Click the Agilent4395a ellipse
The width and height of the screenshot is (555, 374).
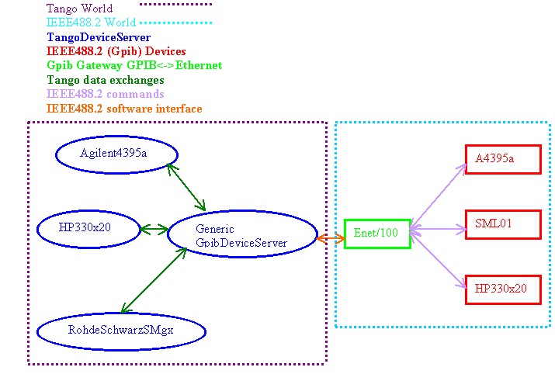click(x=117, y=153)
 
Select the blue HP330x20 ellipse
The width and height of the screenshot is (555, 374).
click(x=89, y=228)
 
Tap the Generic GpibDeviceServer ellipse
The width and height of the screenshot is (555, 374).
click(x=242, y=236)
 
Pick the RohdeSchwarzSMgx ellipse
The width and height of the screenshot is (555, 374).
click(x=121, y=331)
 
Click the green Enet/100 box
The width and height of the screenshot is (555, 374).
click(x=376, y=234)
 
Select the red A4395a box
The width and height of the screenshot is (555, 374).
click(x=502, y=159)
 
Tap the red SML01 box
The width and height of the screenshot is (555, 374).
click(x=502, y=225)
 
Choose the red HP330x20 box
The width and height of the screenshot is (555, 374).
click(x=502, y=289)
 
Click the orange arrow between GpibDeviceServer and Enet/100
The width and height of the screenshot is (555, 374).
click(x=331, y=239)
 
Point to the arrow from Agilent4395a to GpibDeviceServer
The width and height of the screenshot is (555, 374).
click(x=186, y=187)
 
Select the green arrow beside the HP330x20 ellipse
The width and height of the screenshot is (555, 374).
click(x=154, y=229)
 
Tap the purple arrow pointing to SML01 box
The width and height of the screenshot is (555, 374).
click(x=438, y=228)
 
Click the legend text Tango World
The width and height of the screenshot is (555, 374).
click(x=79, y=9)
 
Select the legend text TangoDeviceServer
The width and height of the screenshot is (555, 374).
click(x=99, y=36)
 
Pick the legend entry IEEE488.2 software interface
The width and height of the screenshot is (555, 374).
click(x=124, y=109)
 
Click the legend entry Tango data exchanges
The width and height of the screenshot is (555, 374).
click(x=105, y=80)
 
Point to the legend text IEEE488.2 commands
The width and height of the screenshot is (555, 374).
click(x=105, y=94)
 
